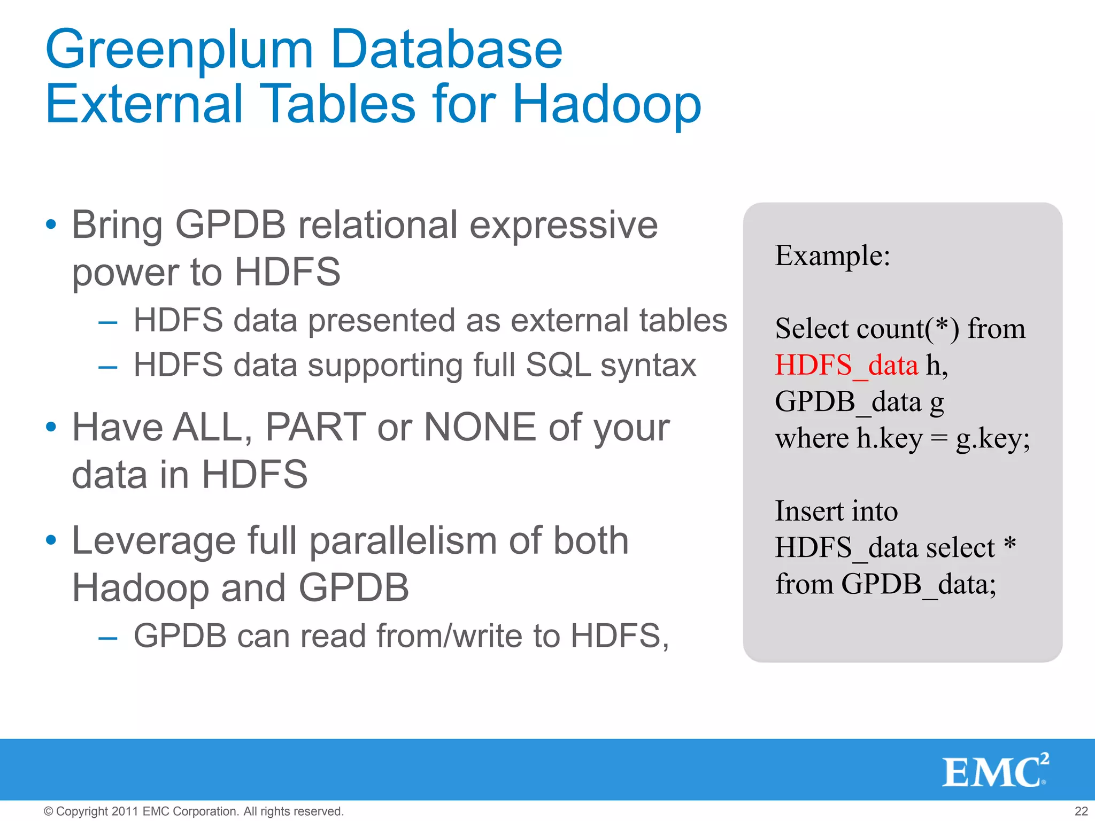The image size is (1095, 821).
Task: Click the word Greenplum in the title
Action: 179,51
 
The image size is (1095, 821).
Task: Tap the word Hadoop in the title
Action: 606,104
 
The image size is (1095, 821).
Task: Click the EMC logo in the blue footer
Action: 994,771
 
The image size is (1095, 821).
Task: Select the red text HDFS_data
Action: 846,366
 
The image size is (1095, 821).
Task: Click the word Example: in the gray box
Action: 832,255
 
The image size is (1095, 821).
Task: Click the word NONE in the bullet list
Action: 480,428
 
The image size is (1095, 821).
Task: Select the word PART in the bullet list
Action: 315,428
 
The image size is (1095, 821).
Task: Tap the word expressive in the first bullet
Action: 564,225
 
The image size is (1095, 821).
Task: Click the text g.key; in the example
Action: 992,439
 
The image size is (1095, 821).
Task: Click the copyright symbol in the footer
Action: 48,811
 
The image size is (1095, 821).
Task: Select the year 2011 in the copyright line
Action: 125,811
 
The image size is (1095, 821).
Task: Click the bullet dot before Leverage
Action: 51,540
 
